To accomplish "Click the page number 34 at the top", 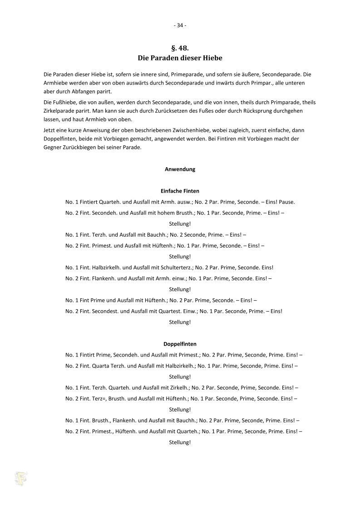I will coord(180,25).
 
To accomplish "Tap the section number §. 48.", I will coord(180,48).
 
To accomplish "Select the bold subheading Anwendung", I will coord(180,169).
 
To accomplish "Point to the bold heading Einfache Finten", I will coord(180,191).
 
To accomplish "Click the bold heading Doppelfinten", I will coord(180,344).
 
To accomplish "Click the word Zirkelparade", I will coord(58,111).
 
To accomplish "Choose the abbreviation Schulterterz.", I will coord(182,267).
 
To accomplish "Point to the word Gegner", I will coord(52,147).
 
